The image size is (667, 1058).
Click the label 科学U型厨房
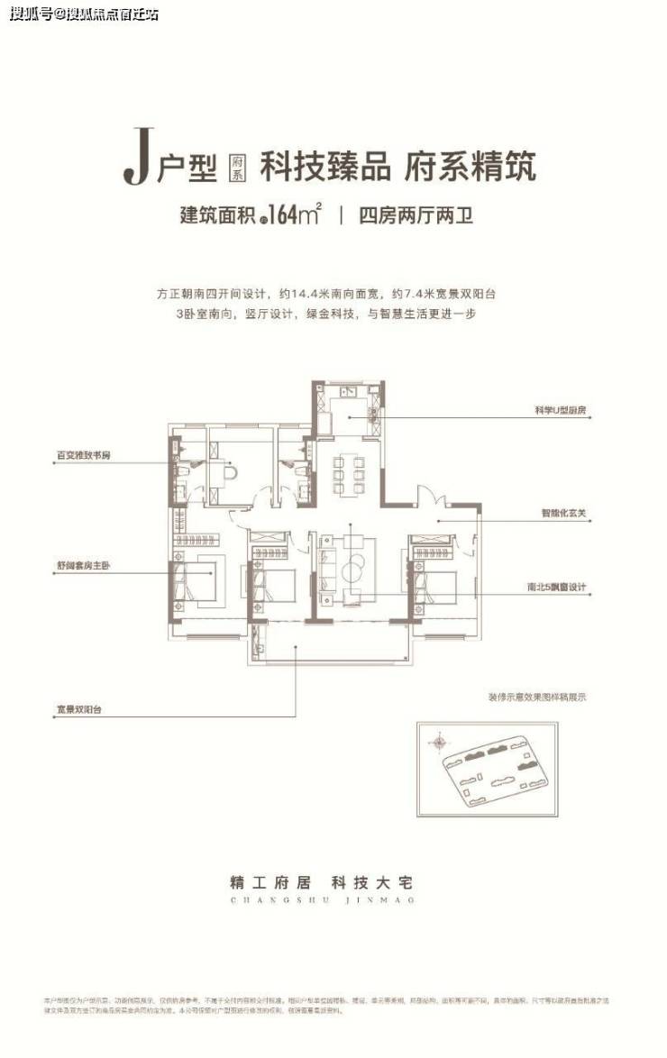(561, 410)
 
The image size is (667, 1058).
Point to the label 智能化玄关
(564, 515)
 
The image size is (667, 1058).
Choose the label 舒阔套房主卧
(82, 567)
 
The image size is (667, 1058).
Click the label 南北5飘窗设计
(556, 588)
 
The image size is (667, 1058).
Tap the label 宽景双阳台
(78, 710)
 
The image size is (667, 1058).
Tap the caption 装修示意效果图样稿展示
(536, 697)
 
